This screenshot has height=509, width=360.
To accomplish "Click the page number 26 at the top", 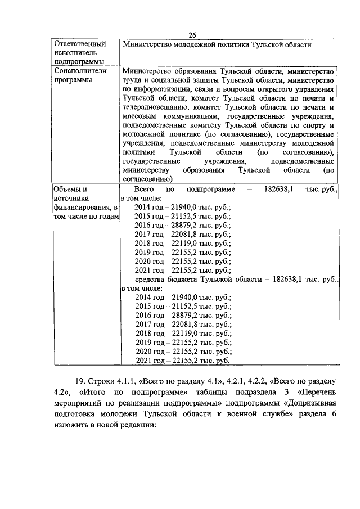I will [x=192, y=35].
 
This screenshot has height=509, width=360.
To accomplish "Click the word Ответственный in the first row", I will [x=77, y=44].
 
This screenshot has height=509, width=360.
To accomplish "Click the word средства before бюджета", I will [x=152, y=279].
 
